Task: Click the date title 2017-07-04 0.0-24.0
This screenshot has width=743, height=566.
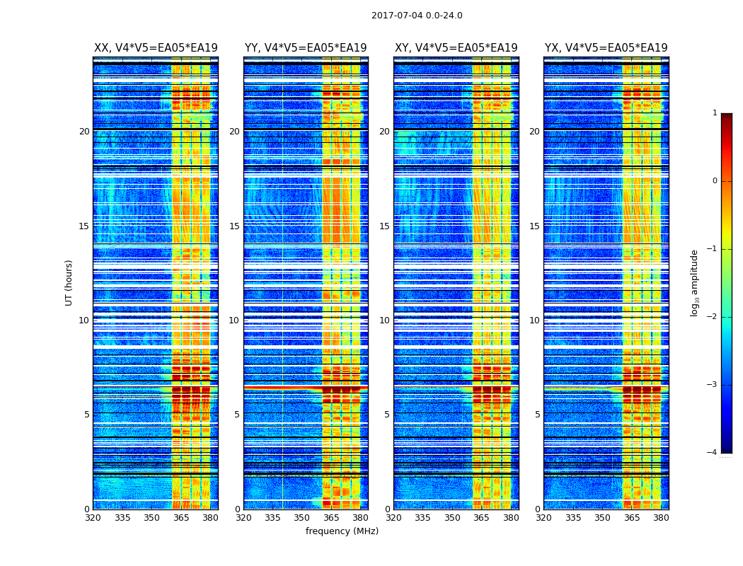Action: (x=417, y=16)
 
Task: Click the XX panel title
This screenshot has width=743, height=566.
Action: (x=156, y=48)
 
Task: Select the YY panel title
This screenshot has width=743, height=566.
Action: (x=306, y=48)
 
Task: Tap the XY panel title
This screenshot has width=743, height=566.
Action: (x=456, y=48)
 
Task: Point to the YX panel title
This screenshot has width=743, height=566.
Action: (x=606, y=48)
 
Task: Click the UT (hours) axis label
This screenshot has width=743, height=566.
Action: (x=69, y=282)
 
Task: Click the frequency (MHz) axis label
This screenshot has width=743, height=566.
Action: (x=342, y=531)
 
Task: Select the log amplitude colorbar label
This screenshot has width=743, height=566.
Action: (x=695, y=282)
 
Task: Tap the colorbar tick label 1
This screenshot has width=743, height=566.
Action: (x=715, y=113)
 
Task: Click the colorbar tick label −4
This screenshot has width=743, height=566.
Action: (x=713, y=453)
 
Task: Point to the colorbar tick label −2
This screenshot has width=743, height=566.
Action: (x=713, y=317)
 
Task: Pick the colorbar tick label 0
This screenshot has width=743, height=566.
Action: (x=715, y=181)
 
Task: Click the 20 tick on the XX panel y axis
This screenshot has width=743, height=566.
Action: (x=84, y=132)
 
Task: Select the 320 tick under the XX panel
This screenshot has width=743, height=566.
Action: (x=93, y=518)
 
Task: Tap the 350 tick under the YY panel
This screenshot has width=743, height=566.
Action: (x=302, y=518)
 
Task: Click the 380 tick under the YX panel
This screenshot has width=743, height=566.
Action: (x=661, y=518)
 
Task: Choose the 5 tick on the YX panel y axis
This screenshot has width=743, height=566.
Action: (x=537, y=415)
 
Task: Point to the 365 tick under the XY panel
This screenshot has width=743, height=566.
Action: (x=482, y=518)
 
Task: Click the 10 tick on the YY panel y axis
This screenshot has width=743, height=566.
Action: (x=234, y=320)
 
